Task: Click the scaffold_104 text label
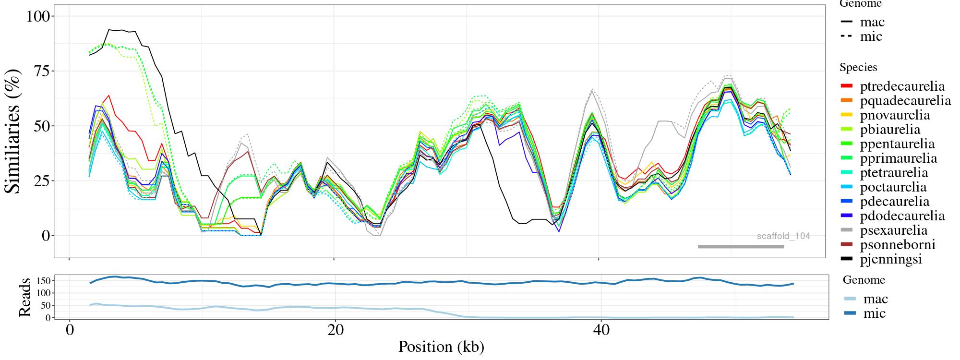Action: coord(783,236)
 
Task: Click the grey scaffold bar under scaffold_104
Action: coord(741,247)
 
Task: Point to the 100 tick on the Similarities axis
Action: coord(37,16)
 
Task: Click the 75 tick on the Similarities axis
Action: coord(42,71)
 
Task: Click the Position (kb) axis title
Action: coord(441,347)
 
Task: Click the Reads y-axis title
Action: coord(24,297)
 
